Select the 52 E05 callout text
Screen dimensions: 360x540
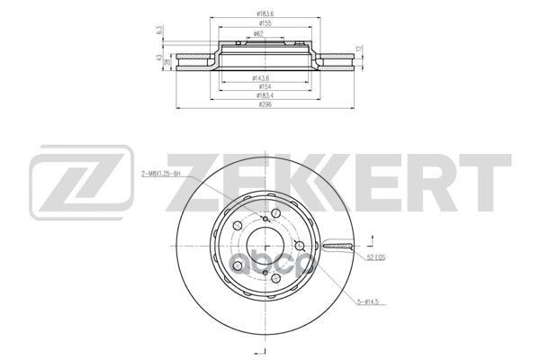coord(376,259)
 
